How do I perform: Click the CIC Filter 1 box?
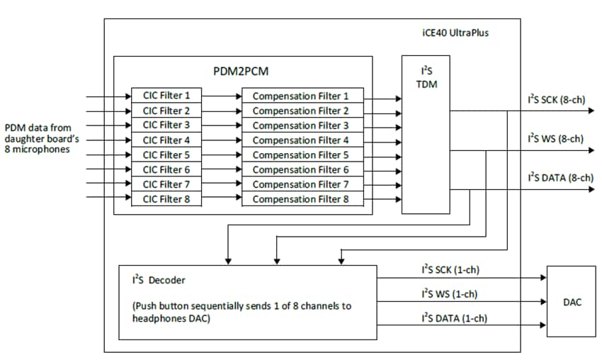[166, 96]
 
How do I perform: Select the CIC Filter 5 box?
[166, 154]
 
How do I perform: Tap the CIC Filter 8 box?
[166, 199]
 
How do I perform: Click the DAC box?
[571, 302]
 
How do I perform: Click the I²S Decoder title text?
[154, 280]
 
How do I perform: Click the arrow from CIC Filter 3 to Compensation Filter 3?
[221, 125]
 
